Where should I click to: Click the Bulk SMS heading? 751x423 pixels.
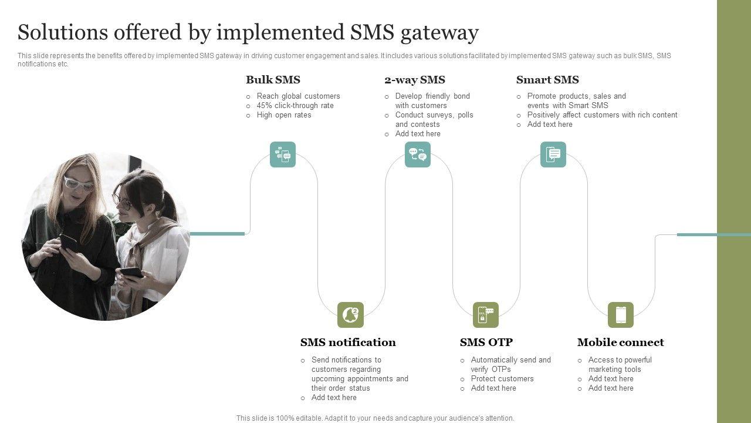click(273, 80)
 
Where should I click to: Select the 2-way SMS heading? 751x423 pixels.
click(414, 80)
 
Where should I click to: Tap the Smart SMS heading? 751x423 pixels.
click(547, 80)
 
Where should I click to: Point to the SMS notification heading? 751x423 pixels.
click(348, 343)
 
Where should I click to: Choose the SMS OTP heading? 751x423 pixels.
click(486, 343)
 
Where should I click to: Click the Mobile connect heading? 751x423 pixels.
click(620, 343)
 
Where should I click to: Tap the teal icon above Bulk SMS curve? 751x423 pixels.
click(283, 155)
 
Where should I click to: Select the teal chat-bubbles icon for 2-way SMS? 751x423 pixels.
click(418, 155)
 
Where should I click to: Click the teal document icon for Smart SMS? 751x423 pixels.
click(553, 155)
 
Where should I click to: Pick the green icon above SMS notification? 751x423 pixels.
click(350, 315)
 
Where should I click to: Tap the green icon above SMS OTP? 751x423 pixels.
click(486, 315)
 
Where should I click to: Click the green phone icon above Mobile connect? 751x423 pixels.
click(621, 315)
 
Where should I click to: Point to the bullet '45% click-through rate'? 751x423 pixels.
click(295, 106)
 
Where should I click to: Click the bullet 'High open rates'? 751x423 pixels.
click(283, 115)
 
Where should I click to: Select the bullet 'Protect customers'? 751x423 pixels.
click(502, 379)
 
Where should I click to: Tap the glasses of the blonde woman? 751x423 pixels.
click(79, 184)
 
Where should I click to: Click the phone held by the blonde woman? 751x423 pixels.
click(68, 241)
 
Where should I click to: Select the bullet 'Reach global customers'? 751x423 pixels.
click(298, 96)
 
